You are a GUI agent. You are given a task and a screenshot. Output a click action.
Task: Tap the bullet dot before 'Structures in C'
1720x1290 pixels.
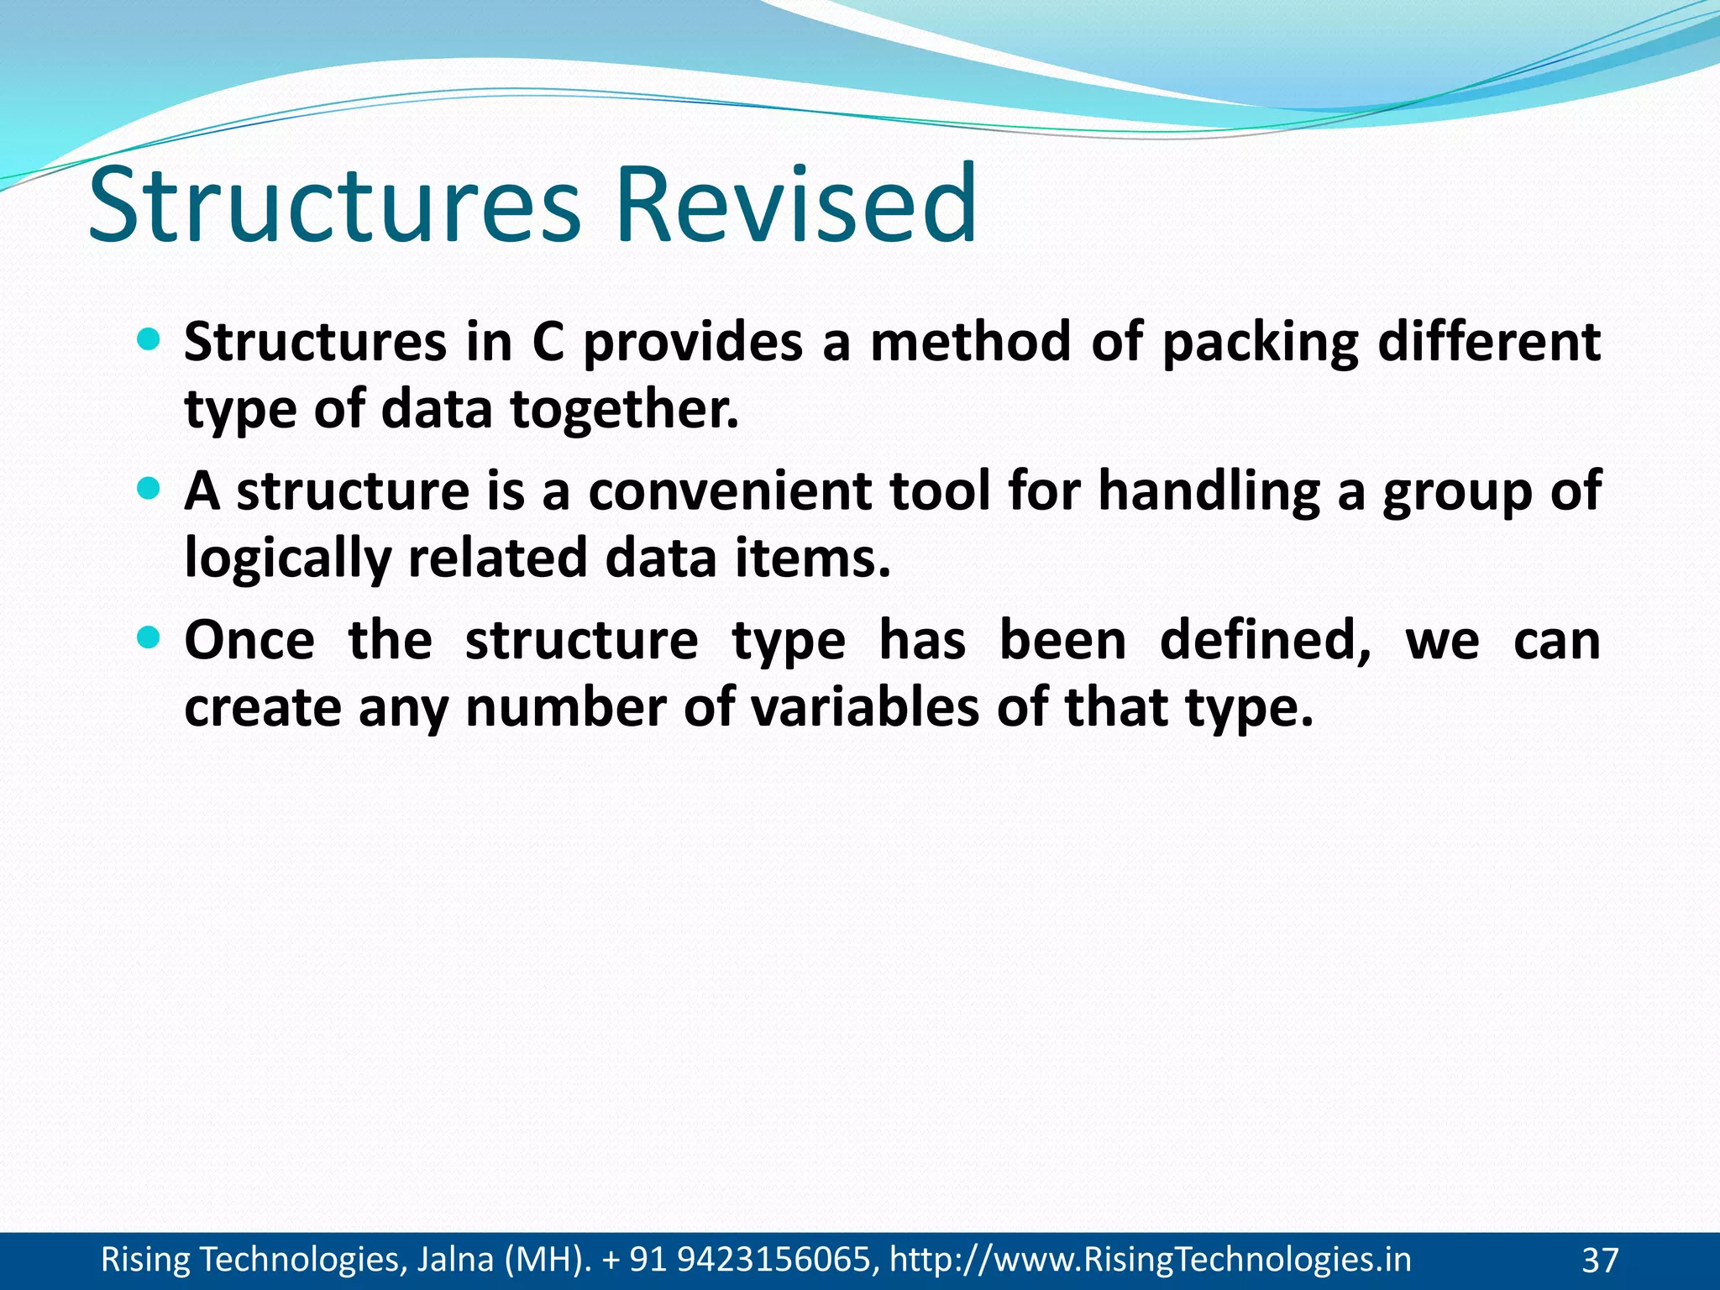pos(147,339)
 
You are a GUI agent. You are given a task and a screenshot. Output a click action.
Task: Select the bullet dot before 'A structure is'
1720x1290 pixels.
pos(147,488)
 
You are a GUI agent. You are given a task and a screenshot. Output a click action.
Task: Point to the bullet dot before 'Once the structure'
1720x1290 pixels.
pos(147,637)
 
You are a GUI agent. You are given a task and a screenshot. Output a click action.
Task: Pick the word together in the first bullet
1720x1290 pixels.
pos(624,411)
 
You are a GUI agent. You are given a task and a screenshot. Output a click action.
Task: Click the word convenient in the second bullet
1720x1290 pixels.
pos(729,491)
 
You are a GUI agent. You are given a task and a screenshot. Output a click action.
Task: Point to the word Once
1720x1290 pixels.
pos(249,641)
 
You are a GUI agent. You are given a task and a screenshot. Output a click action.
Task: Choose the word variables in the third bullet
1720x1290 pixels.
pos(864,708)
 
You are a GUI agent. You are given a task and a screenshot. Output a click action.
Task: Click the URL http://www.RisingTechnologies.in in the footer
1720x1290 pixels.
pos(1150,1260)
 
